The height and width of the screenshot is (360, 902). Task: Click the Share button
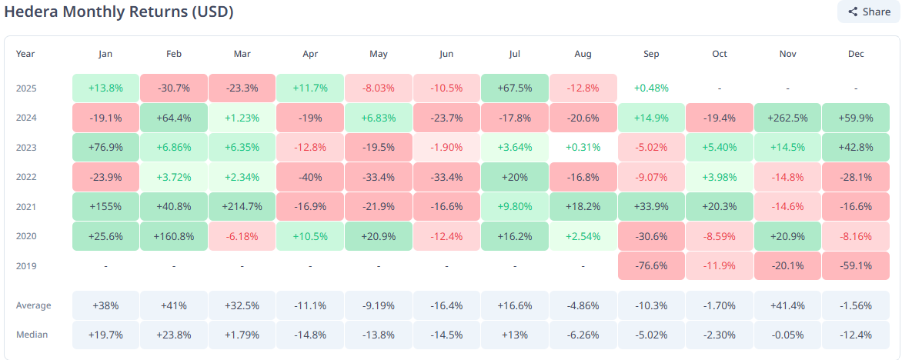[868, 12]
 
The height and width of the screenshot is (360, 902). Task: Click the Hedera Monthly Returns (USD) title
[119, 12]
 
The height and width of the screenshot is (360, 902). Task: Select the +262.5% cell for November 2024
[787, 118]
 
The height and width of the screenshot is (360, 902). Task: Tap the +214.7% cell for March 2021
[242, 207]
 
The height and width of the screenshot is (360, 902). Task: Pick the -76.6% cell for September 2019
[651, 265]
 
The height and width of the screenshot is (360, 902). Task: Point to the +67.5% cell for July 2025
[515, 88]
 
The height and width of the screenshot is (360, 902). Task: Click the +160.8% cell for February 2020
[174, 236]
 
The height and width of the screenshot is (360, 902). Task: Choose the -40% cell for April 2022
[310, 177]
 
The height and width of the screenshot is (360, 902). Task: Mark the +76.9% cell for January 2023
[105, 148]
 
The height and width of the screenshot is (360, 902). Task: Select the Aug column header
[583, 54]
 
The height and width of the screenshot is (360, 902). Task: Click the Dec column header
[856, 54]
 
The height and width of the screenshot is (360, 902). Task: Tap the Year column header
[25, 54]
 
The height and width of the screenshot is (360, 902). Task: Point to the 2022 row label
[27, 177]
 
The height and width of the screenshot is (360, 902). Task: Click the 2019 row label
[27, 265]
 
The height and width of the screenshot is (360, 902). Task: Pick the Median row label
[31, 334]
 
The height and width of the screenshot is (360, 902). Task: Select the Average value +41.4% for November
[787, 305]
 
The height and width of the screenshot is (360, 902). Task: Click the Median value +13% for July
[515, 334]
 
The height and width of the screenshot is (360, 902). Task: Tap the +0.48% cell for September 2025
[651, 88]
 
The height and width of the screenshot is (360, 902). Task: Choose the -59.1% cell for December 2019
[856, 265]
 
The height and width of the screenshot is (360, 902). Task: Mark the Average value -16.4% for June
[446, 305]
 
